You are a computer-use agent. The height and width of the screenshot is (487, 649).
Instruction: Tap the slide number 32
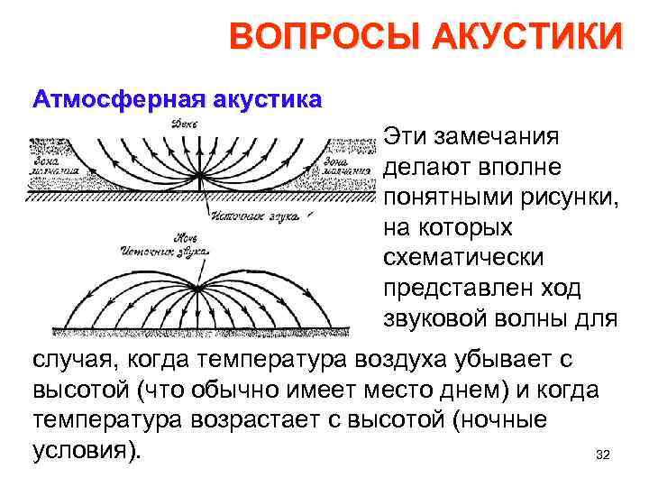point(603,455)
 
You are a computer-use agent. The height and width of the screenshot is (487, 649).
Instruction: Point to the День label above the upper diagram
point(184,124)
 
